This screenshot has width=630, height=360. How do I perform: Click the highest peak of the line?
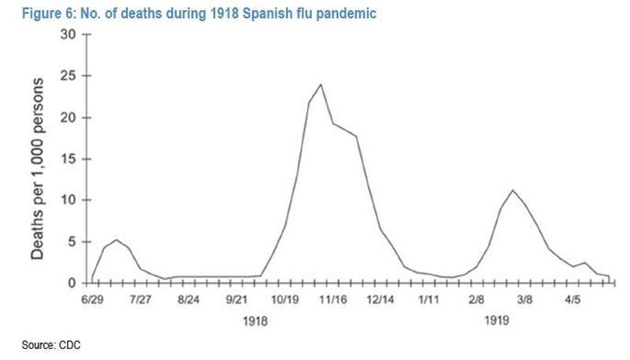(x=321, y=84)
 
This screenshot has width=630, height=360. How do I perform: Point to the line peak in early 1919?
(x=513, y=190)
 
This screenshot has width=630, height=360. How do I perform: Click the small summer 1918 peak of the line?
(x=117, y=239)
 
